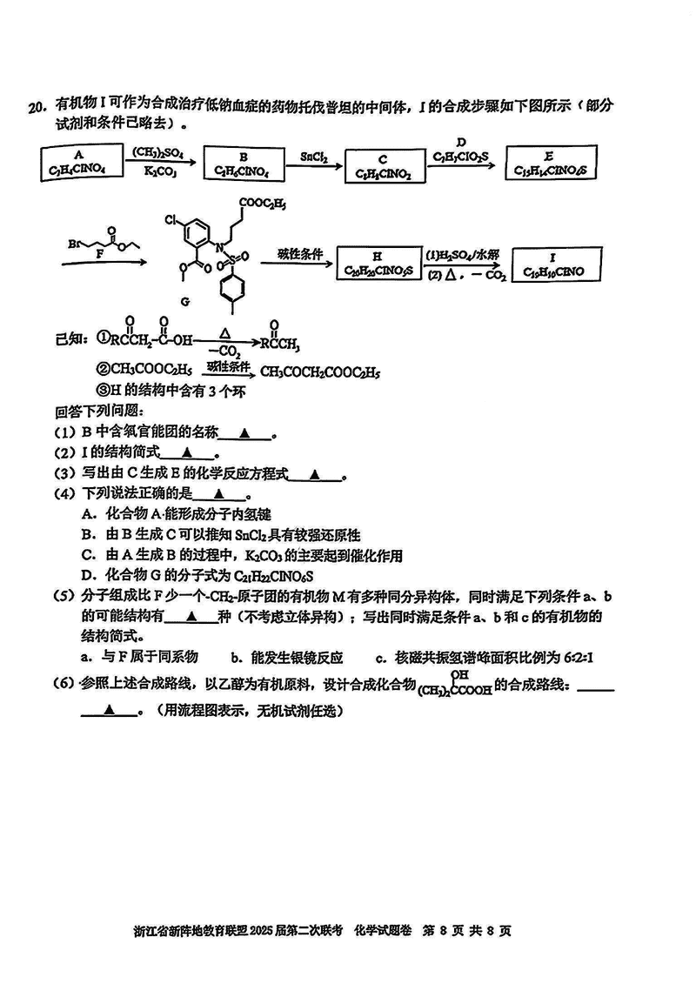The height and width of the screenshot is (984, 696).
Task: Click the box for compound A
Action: (78, 162)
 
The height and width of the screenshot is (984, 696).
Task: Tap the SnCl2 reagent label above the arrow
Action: (313, 156)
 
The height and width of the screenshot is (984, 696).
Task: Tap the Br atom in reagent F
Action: (74, 244)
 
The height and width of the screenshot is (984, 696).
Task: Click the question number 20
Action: (36, 108)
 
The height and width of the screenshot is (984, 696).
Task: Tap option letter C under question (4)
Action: (87, 555)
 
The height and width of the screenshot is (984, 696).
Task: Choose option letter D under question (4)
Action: (87, 575)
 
